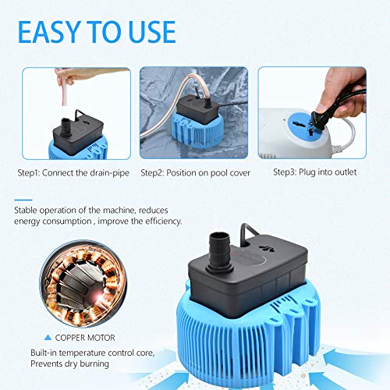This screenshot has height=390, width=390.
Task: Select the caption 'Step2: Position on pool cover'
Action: [196, 172]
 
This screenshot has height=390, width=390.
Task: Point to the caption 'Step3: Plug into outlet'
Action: [314, 172]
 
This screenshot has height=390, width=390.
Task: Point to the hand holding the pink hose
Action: [75, 76]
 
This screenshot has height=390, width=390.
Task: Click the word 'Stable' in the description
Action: [28, 209]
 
